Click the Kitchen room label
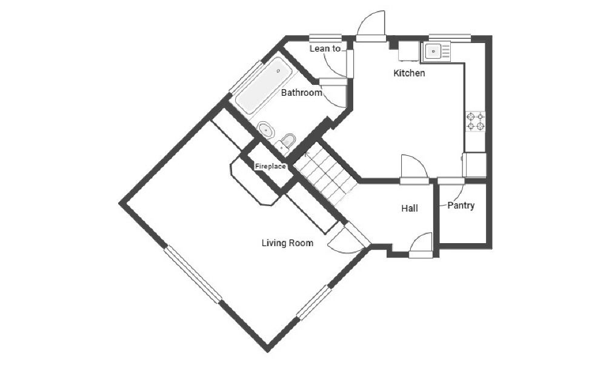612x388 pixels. coord(409,73)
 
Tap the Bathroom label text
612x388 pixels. coord(301,93)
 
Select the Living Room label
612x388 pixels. coord(287,243)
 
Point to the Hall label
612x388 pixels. coord(410,209)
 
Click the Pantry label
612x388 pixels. coord(461,206)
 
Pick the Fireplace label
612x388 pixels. coord(270,166)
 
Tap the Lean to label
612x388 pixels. coord(325,48)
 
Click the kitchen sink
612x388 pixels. coord(436,52)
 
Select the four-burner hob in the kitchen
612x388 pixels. coord(475,121)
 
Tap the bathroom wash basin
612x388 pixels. coord(266,129)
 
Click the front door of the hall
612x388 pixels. coord(421,245)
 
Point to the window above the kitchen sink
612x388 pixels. coord(450,37)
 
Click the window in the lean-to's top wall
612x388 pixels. coord(325,38)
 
